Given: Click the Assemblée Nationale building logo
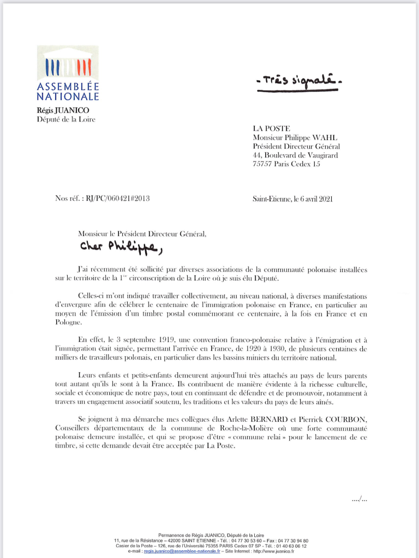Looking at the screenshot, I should coord(68,65).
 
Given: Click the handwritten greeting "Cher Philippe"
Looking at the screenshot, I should coord(121,247).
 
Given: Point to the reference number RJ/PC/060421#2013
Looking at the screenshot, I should coord(117,198).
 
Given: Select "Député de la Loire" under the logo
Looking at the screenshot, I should coord(65,119).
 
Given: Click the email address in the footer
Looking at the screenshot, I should coord(181,551).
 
